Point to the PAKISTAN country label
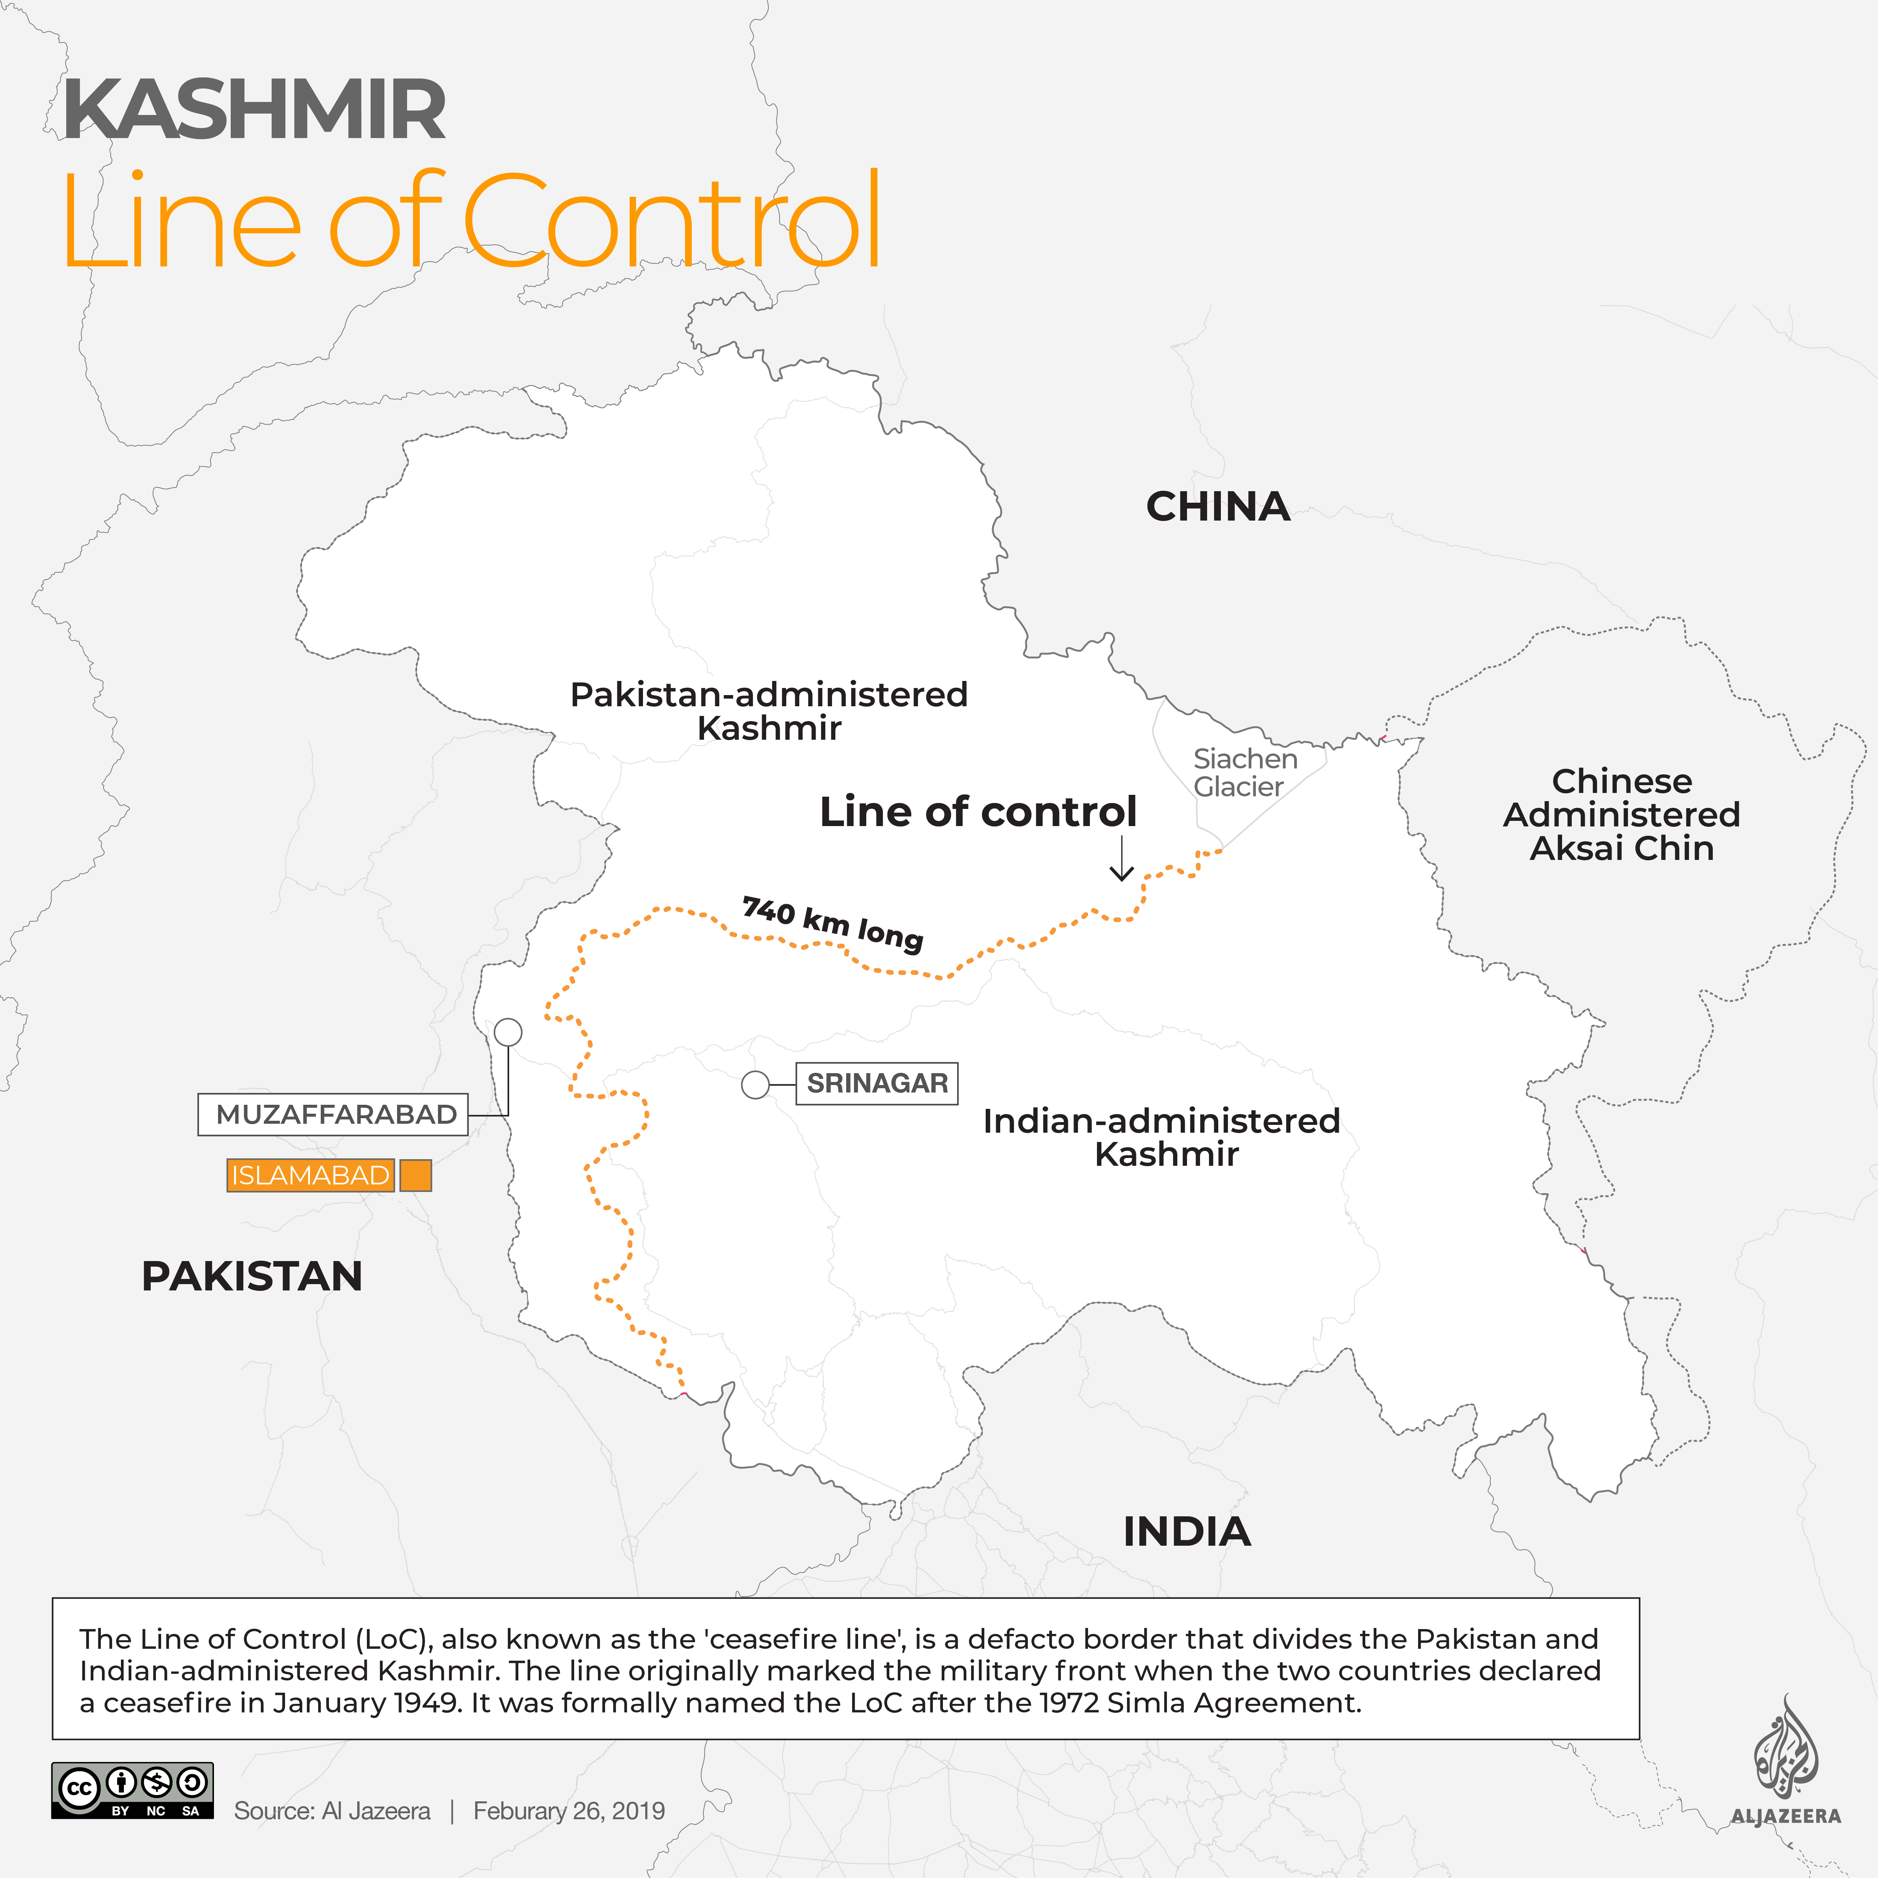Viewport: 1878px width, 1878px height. tap(252, 1275)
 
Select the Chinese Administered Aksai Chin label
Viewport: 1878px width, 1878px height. tap(1621, 815)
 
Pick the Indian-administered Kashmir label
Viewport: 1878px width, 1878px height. tap(1162, 1137)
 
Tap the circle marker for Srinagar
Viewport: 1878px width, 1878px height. tap(755, 1085)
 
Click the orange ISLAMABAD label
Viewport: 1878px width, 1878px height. tap(310, 1175)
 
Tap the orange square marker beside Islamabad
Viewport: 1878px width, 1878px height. tap(416, 1175)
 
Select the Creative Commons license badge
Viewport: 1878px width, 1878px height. tap(132, 1791)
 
